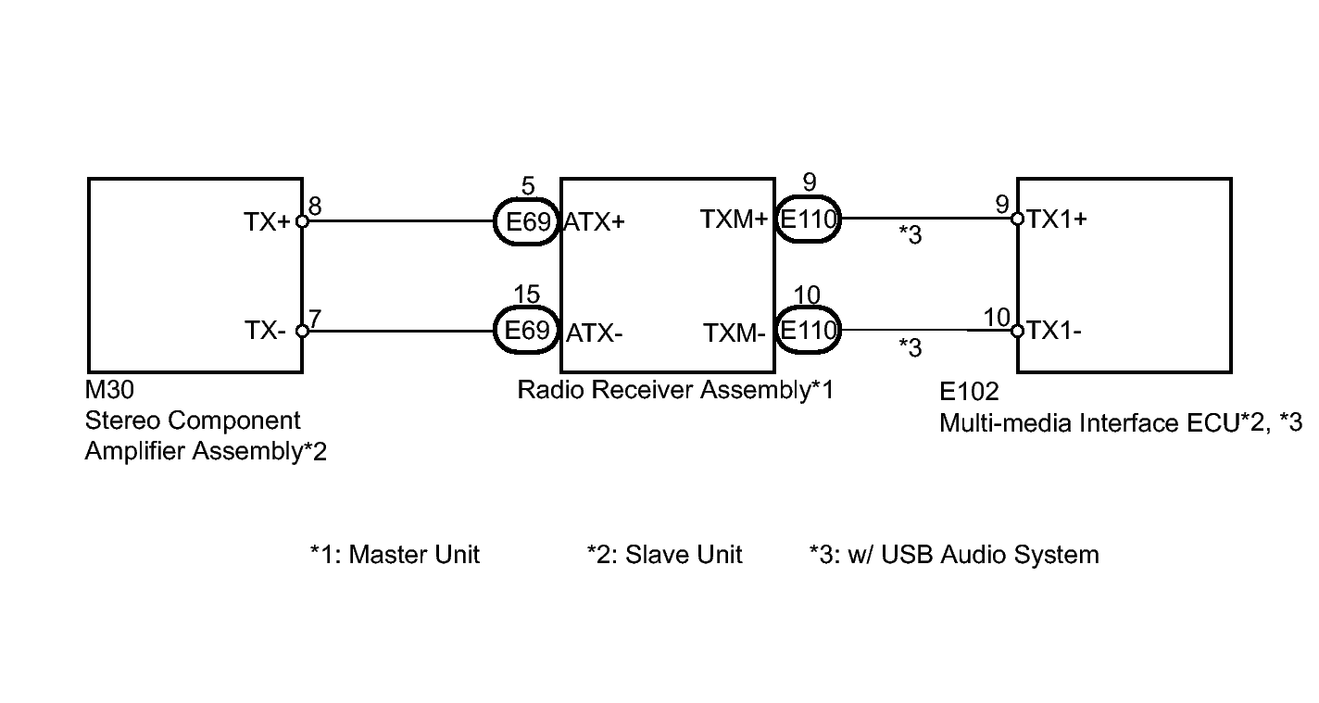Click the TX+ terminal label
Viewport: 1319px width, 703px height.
[268, 222]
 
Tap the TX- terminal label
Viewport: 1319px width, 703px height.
[265, 331]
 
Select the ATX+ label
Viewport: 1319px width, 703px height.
[594, 222]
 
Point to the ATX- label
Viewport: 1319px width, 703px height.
[594, 333]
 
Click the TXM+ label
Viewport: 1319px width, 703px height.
[734, 219]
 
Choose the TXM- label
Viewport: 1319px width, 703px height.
[735, 333]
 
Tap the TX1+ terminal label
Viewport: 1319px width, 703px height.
[1056, 219]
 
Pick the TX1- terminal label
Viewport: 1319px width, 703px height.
[1054, 331]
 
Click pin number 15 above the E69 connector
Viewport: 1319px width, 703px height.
[526, 294]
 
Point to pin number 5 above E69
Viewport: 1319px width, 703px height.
[528, 186]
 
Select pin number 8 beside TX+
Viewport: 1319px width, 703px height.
[315, 206]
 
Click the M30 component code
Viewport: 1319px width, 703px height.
[109, 390]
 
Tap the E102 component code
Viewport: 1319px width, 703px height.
[969, 392]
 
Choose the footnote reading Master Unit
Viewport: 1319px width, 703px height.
[396, 555]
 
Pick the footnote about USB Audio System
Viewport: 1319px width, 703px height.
[954, 555]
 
